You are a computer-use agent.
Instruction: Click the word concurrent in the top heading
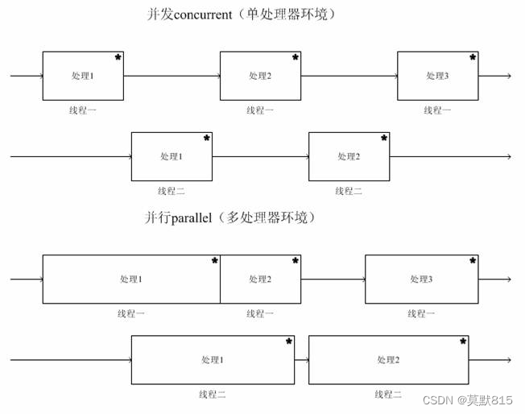[213, 14]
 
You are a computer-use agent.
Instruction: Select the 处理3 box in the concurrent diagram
[437, 76]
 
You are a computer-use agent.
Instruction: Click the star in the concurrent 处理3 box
[473, 57]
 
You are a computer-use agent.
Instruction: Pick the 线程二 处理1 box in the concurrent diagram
[172, 156]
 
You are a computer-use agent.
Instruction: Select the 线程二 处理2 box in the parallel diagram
[389, 359]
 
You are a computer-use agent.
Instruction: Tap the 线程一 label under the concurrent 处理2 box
[260, 110]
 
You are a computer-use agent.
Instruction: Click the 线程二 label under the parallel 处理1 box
[213, 395]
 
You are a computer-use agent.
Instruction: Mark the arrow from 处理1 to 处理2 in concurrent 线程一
[172, 77]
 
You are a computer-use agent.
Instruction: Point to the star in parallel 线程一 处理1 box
[215, 260]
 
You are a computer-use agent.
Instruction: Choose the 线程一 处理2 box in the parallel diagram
[260, 279]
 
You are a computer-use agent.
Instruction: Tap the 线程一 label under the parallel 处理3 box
[421, 313]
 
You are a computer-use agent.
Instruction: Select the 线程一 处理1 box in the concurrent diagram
[83, 76]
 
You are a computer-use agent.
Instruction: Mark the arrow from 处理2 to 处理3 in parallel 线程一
[333, 279]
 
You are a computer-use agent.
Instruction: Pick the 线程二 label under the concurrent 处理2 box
[349, 191]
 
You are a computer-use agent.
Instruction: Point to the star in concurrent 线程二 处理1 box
[207, 138]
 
